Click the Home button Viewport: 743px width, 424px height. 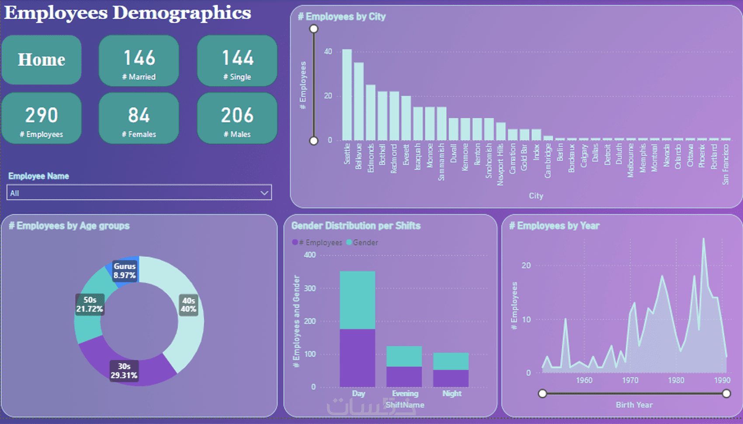[42, 60]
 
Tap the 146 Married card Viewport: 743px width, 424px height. [139, 61]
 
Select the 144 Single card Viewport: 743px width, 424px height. [237, 61]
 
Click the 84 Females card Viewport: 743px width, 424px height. [139, 118]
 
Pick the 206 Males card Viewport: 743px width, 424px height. [237, 118]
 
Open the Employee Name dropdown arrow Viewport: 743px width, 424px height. [264, 193]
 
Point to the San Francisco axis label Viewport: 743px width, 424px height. [726, 164]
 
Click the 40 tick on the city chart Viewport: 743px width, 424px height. [328, 52]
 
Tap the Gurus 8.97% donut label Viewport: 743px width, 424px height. [125, 271]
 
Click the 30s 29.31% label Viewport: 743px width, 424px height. [124, 371]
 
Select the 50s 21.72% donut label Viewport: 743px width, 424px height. [90, 304]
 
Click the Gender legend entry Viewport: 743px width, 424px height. [362, 243]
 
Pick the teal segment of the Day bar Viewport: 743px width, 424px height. [358, 300]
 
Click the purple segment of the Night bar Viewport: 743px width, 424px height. [451, 378]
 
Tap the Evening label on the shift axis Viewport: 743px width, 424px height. [405, 393]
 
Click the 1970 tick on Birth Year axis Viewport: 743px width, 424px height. [630, 380]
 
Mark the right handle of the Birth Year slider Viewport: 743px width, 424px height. [726, 394]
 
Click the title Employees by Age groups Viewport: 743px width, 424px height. [69, 226]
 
